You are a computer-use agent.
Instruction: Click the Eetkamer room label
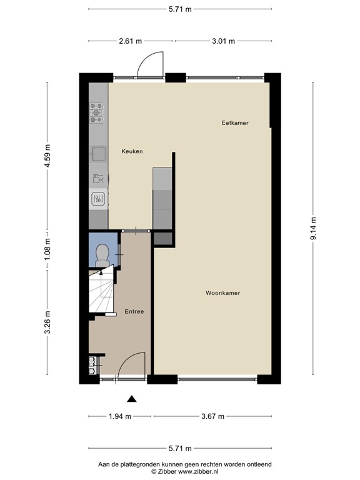(235, 123)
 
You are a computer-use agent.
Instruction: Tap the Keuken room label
(132, 151)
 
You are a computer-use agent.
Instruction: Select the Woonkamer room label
(223, 292)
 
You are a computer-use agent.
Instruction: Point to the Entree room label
(134, 311)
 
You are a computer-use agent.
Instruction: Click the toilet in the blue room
(102, 252)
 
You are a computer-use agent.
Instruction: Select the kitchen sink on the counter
(98, 152)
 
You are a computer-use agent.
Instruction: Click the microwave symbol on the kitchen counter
(98, 199)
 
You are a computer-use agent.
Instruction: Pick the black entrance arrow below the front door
(131, 398)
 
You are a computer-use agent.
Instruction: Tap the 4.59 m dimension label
(47, 157)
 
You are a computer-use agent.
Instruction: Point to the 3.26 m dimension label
(47, 322)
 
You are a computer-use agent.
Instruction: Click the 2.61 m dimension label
(130, 41)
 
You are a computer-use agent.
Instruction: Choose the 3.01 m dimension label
(223, 41)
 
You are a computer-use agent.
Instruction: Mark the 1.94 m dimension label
(119, 416)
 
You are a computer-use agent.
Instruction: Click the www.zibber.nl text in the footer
(208, 471)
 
